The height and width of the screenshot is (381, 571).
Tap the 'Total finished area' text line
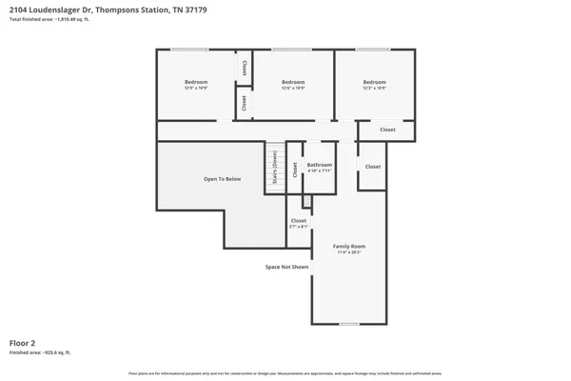pyautogui.click(x=49, y=19)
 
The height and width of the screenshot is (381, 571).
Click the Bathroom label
pyautogui.click(x=319, y=165)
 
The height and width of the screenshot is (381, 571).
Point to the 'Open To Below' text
pyautogui.click(x=222, y=179)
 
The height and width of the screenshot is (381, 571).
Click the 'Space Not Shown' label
pyautogui.click(x=286, y=267)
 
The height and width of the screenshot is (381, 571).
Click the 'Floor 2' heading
pyautogui.click(x=23, y=341)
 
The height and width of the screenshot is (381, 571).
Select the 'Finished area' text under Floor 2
pyautogui.click(x=40, y=351)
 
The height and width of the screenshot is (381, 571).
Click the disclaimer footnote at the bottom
pyautogui.click(x=285, y=373)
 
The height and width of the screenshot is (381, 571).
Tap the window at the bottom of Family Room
pyautogui.click(x=348, y=324)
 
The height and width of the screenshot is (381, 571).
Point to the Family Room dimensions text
pyautogui.click(x=348, y=252)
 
